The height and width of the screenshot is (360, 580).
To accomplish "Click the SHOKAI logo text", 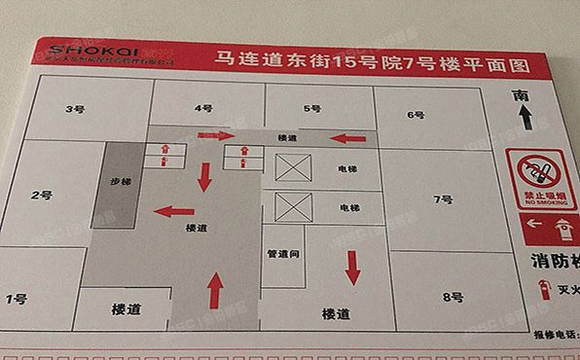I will tap(88, 50).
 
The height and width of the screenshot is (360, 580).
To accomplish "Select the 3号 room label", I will tap(74, 109).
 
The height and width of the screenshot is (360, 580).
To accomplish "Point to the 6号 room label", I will tap(417, 115).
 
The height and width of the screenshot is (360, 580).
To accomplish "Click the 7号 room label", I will tap(443, 199).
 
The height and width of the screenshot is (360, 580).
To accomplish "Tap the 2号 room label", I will tap(41, 195).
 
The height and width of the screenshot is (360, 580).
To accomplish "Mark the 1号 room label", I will tap(16, 298).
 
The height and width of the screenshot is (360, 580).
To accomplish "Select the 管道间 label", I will tap(282, 254).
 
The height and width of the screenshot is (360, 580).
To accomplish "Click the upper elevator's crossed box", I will tap(293, 167).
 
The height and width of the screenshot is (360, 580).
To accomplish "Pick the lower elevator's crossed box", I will tap(294, 207).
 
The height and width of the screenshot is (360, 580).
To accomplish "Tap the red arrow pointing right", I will tap(216, 136).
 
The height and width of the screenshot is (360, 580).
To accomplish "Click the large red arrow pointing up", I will tap(216, 290).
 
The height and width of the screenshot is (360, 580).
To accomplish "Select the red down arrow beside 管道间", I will tap(352, 266).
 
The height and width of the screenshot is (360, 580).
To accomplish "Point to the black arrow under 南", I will tap(526, 118).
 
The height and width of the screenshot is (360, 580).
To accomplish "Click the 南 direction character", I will tap(524, 94).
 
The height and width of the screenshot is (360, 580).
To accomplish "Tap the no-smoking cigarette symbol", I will tap(537, 174).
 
